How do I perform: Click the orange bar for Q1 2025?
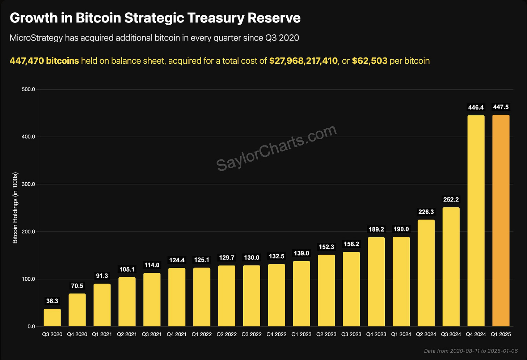[x=501, y=221]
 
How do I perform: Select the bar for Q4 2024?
[x=476, y=221]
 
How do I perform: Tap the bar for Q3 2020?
[x=52, y=318]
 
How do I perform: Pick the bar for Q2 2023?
[x=326, y=291]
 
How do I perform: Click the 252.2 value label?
[x=451, y=200]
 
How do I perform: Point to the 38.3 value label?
[x=52, y=301]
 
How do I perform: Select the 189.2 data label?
[x=376, y=229]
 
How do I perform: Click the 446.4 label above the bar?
[x=476, y=107]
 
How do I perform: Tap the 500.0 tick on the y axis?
[x=28, y=89]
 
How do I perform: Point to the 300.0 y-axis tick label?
[x=28, y=184]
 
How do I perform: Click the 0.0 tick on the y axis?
[x=31, y=326]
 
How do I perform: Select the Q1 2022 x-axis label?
[x=202, y=334]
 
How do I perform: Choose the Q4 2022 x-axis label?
[x=277, y=334]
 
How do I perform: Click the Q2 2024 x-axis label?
[x=426, y=334]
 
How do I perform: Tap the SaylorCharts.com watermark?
[x=277, y=148]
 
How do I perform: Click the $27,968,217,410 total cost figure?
[x=303, y=61]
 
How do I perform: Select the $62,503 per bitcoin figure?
[x=370, y=61]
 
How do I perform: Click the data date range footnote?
[x=471, y=351]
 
